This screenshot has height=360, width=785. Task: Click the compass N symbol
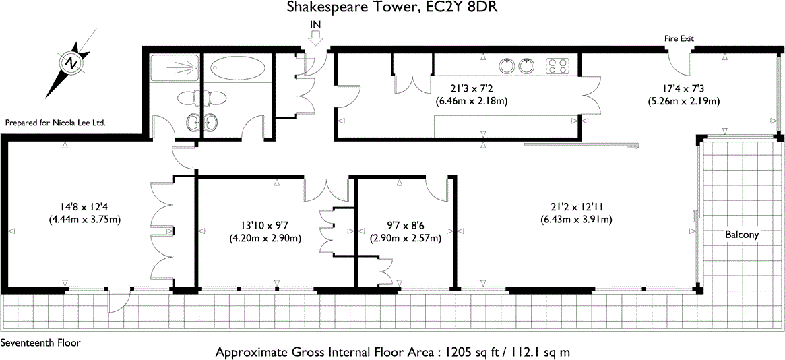pos(71,63)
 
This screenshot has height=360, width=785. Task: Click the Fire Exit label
pos(679,39)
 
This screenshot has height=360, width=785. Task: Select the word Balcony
pos(742,235)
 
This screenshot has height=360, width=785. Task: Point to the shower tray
pos(174,67)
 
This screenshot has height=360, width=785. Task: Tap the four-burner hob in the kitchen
pos(557,66)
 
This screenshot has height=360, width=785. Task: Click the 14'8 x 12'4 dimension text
pos(84,208)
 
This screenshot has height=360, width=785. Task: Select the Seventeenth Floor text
pos(40,342)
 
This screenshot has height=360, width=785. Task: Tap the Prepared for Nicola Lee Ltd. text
pos(56,123)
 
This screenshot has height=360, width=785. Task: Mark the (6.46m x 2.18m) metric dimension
pos(471,102)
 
